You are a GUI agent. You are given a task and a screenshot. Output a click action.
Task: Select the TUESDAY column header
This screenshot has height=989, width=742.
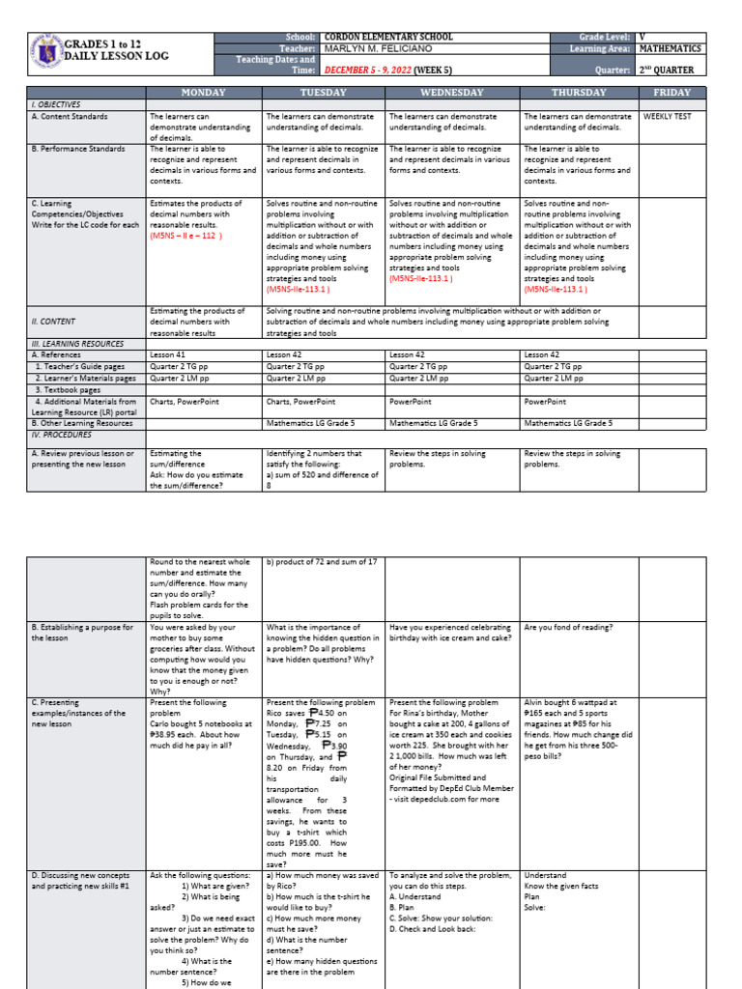[323, 93]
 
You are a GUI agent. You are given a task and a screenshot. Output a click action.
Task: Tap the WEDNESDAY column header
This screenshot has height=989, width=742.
[451, 93]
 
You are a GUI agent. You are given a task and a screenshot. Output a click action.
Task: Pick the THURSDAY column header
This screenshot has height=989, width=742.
[579, 93]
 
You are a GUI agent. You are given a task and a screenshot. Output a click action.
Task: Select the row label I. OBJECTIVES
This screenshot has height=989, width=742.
[56, 103]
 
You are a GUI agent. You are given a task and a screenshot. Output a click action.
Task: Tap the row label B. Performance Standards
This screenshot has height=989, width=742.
[78, 149]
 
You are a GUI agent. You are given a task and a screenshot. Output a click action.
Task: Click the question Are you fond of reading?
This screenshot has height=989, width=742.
[568, 627]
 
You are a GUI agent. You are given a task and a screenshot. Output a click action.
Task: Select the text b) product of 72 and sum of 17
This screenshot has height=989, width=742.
[322, 561]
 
